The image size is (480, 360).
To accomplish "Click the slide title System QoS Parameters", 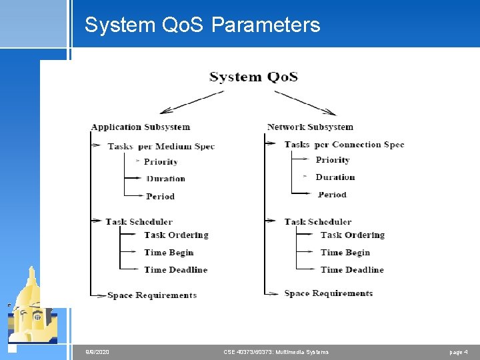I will pos(202,25).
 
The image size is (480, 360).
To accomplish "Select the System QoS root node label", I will pos(253,77).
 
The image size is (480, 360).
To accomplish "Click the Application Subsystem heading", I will pos(141,127).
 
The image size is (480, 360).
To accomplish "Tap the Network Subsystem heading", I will pos(310,127).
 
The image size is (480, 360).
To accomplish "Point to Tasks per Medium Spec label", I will pos(161,146).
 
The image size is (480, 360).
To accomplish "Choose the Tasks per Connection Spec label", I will pos(344,144).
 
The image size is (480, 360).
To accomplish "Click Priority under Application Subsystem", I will pos(161,161).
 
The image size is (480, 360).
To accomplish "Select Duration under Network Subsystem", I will pos(335,177).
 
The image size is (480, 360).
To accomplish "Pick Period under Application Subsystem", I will pos(160,196).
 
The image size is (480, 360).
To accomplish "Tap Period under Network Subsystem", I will pos(332,195).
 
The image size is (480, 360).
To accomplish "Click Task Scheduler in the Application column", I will pos(139,221).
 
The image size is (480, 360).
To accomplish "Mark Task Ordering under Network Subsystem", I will pos(353,235).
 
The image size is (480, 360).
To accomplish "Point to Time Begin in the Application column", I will pos(169,252).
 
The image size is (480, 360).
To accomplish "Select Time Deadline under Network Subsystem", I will pos(352,269).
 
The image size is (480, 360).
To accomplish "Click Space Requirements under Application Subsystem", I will pos(152,295).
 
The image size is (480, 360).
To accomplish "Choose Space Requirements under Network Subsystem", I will pos(329,293).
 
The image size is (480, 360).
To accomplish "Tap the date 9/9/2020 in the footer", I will pos(97,351).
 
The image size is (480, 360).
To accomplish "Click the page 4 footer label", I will pos(459,351).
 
